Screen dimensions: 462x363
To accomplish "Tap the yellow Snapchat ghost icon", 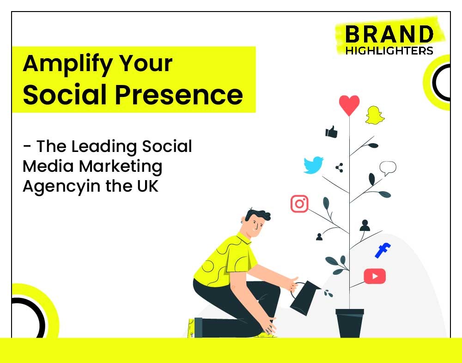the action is (x=375, y=115).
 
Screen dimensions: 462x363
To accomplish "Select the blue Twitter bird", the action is (x=314, y=165).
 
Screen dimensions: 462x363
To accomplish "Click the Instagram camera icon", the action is (x=299, y=204).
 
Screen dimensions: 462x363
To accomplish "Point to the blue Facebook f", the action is (x=383, y=250).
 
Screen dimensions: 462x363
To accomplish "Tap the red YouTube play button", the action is (x=375, y=276).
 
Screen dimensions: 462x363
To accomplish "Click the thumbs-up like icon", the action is (x=331, y=132).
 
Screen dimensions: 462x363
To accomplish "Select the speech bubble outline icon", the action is (x=388, y=168).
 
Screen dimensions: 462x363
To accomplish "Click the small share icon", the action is (x=339, y=168).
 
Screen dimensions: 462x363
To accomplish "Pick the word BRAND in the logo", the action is (x=389, y=35).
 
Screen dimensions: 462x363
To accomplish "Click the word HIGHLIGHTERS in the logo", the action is (x=389, y=51).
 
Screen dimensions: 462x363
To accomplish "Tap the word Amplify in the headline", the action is (x=67, y=64).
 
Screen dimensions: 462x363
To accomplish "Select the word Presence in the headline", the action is (x=179, y=94).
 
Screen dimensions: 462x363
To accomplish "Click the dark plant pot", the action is (x=350, y=323).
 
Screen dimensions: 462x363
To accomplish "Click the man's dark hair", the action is (x=257, y=215).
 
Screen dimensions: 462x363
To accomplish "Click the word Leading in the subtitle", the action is (x=104, y=147).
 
